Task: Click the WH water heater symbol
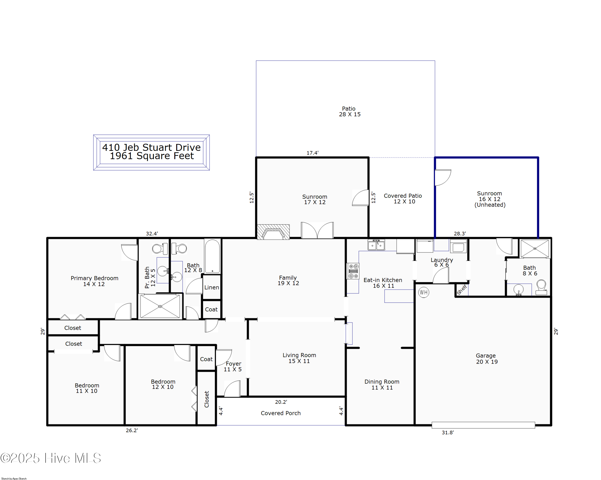click(424, 292)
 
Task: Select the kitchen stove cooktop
click(353, 271)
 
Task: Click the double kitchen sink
click(376, 245)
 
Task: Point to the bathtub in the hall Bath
click(212, 256)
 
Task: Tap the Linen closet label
click(212, 287)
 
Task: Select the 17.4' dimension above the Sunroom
click(313, 153)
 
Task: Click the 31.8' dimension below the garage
click(448, 432)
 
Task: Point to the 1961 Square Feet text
click(152, 156)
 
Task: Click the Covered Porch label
click(281, 413)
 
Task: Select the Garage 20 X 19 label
click(486, 359)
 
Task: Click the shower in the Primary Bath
click(160, 306)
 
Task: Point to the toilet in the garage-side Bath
click(541, 287)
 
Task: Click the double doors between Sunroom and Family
click(317, 230)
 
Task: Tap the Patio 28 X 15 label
click(349, 111)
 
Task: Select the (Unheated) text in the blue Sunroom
click(490, 205)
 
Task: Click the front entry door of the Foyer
click(232, 389)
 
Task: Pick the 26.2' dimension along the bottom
click(132, 430)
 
